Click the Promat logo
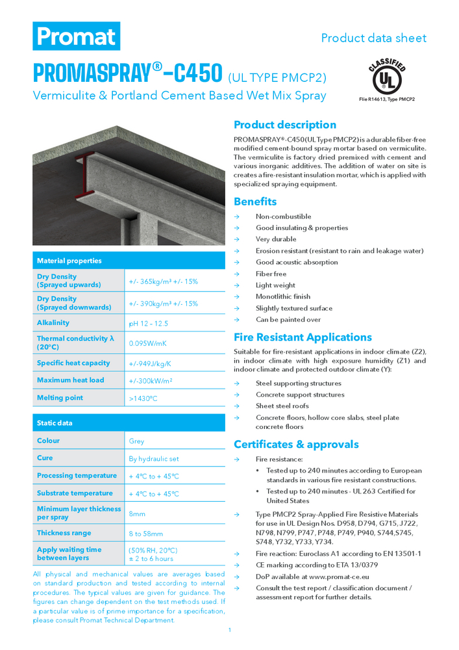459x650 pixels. point(77,36)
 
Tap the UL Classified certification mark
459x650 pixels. point(386,77)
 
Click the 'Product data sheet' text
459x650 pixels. point(373,38)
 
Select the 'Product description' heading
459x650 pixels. point(285,125)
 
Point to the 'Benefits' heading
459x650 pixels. point(255,201)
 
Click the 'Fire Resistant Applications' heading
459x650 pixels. point(303,337)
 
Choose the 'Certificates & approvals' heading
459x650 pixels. point(296,445)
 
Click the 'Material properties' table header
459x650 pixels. point(69,261)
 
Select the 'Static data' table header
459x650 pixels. point(55,423)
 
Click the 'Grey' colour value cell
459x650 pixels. point(137,441)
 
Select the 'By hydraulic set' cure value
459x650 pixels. point(154,458)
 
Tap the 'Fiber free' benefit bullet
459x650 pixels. point(271,274)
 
